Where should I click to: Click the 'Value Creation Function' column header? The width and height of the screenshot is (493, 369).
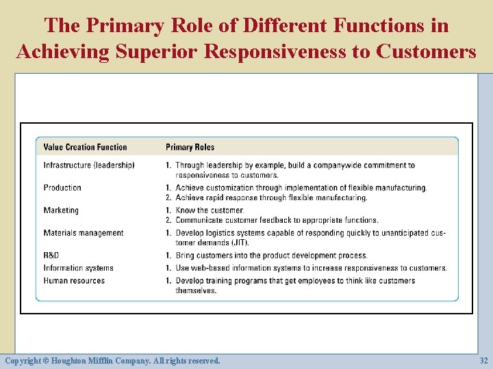[85, 147]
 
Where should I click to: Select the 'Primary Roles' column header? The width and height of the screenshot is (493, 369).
[190, 147]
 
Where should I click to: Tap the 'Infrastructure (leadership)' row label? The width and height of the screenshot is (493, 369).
[89, 165]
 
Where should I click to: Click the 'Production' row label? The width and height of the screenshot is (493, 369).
[62, 188]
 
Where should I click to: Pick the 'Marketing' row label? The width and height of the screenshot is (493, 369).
[61, 210]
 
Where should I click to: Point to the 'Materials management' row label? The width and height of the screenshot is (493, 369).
[84, 233]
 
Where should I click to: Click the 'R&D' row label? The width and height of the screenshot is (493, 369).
[51, 256]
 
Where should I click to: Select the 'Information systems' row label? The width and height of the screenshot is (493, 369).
[78, 268]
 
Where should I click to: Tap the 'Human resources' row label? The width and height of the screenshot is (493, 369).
[74, 281]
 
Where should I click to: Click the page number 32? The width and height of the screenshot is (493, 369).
[483, 360]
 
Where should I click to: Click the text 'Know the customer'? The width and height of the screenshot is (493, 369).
[210, 210]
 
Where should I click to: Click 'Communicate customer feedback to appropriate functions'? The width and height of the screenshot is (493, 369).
[277, 220]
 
